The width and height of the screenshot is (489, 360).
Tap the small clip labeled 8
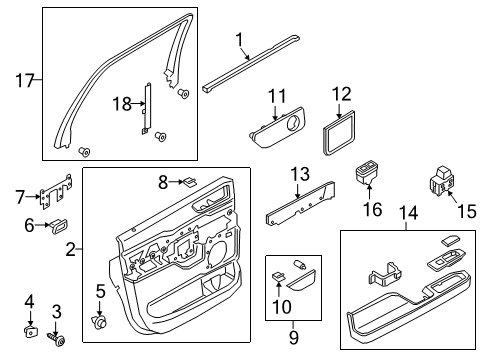(191, 182)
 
